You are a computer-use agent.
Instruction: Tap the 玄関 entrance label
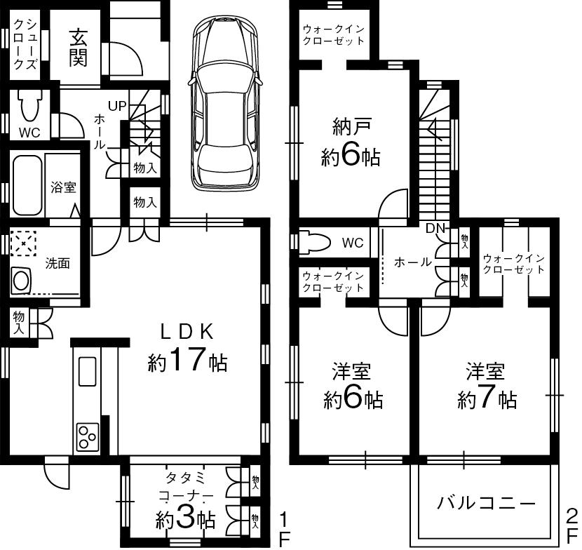tap(77, 48)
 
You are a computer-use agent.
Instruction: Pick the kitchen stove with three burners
tap(87, 437)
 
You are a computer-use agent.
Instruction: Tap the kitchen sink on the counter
tap(87, 370)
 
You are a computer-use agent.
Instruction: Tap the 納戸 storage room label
tap(351, 128)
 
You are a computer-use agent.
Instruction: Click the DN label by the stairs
tap(435, 228)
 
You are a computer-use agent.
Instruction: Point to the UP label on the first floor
tap(117, 106)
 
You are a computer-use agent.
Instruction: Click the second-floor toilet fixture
tap(315, 243)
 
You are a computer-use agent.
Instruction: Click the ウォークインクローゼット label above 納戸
tap(334, 35)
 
